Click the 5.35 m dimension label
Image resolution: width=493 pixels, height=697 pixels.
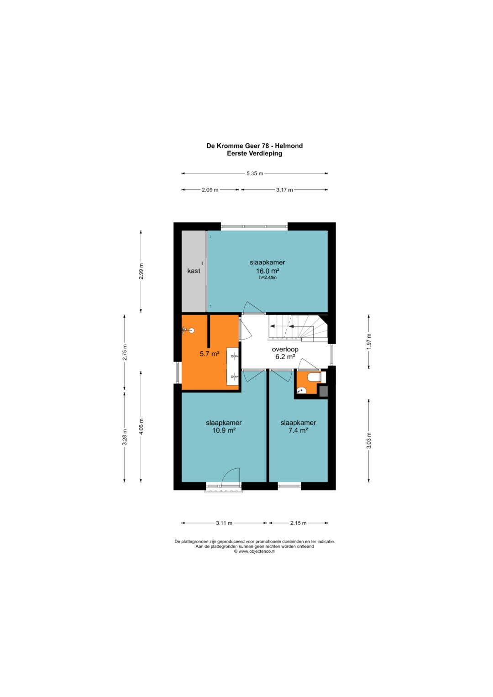pyautogui.click(x=255, y=173)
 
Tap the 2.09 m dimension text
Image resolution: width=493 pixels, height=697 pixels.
pyautogui.click(x=210, y=189)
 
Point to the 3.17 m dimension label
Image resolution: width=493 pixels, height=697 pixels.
pyautogui.click(x=284, y=189)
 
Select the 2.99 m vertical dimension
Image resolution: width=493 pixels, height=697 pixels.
pyautogui.click(x=141, y=271)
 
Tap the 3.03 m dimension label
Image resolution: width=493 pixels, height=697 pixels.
pyautogui.click(x=369, y=440)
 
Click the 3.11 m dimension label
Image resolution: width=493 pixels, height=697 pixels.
pyautogui.click(x=224, y=523)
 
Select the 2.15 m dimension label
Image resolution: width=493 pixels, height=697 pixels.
pyautogui.click(x=298, y=523)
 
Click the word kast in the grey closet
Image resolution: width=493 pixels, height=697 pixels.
pyautogui.click(x=194, y=271)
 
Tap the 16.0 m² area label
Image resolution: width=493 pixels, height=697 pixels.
pyautogui.click(x=267, y=271)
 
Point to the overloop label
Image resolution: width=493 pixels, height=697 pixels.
pyautogui.click(x=285, y=350)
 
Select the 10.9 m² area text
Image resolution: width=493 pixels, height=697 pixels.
pyautogui.click(x=224, y=430)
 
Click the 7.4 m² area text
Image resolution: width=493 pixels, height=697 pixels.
pyautogui.click(x=298, y=430)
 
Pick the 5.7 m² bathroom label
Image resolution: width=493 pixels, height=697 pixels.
pyautogui.click(x=210, y=353)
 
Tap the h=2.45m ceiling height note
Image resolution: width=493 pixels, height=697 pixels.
pyautogui.click(x=267, y=278)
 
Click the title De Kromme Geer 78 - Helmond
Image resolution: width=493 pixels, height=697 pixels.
pyautogui.click(x=255, y=146)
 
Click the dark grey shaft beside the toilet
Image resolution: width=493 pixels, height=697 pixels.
pyautogui.click(x=324, y=391)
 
